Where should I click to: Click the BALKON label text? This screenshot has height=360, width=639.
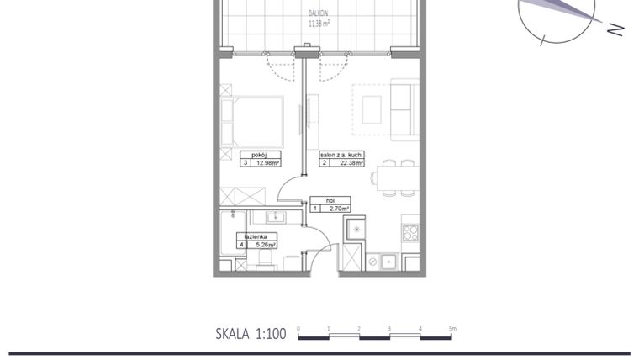[x=319, y=14]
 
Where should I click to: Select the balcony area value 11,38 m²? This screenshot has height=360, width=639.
[x=319, y=24]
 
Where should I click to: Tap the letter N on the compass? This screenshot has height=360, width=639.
[x=615, y=29]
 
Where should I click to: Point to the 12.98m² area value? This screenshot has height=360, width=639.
[x=268, y=163]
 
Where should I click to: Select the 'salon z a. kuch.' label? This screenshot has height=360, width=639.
[x=341, y=155]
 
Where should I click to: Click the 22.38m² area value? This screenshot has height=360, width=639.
[x=351, y=163]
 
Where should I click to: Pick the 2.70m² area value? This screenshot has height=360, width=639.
[x=338, y=208]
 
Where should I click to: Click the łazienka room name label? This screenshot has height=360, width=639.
[x=256, y=237]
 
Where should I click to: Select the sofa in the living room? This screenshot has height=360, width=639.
[x=405, y=109]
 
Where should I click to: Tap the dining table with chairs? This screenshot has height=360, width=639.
[x=396, y=177]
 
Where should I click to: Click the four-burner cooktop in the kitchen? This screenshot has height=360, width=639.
[x=410, y=232]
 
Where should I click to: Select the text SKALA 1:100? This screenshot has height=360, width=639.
[x=251, y=334]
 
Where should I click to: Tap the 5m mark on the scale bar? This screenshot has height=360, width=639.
[x=452, y=328]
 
